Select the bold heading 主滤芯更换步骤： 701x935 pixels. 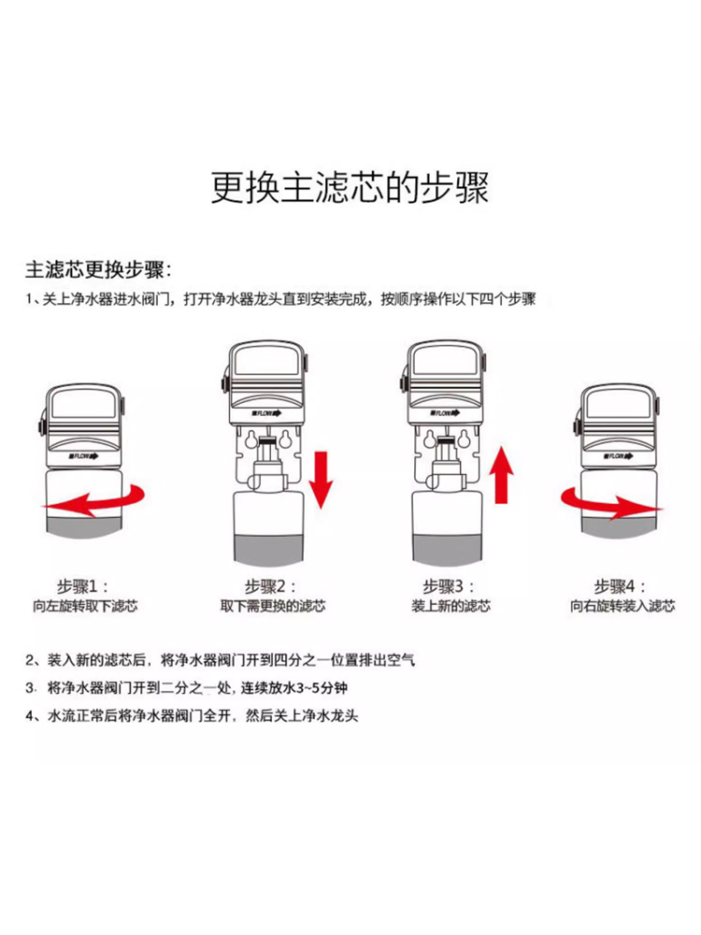98,270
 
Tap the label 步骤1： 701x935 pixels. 85,587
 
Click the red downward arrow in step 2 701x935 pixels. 322,479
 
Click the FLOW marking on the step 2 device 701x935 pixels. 266,412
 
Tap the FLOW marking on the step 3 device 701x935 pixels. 447,412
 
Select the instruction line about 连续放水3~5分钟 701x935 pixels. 192,689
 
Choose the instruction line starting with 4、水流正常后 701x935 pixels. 192,717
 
